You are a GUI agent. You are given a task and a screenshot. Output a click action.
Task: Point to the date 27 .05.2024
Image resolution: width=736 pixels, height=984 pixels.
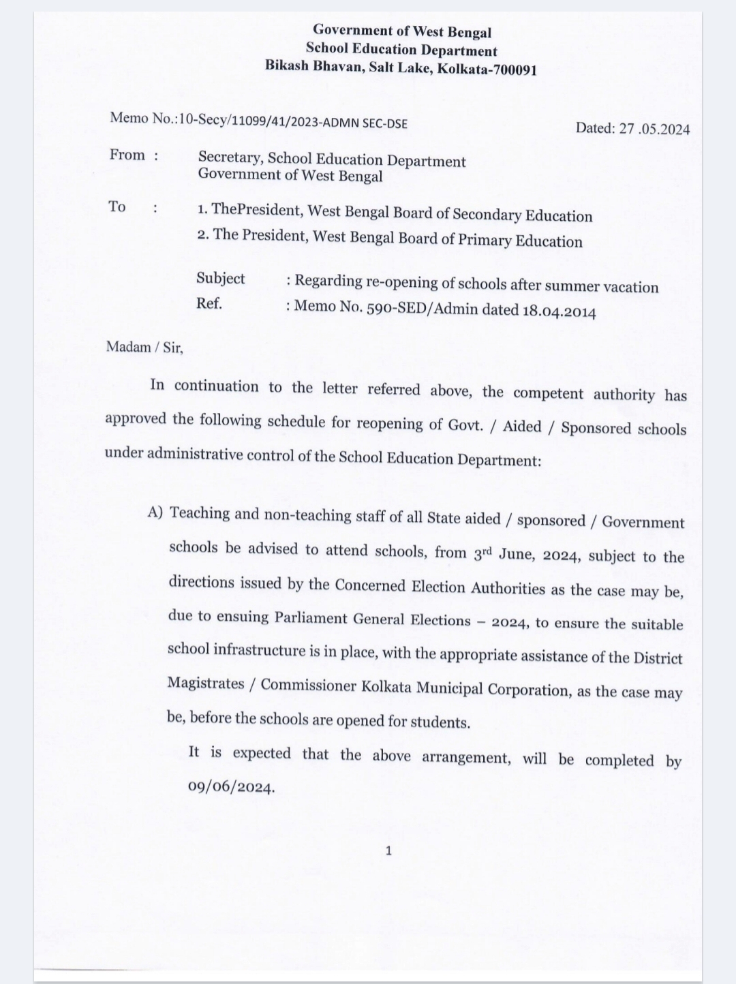point(654,128)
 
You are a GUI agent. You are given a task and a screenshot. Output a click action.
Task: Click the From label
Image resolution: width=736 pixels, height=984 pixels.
point(127,155)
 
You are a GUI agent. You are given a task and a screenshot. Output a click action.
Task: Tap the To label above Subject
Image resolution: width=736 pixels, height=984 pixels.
point(117,206)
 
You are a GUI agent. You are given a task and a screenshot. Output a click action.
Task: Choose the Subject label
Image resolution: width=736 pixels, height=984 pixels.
point(221,279)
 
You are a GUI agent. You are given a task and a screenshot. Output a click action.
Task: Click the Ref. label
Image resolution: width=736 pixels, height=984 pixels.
point(209,303)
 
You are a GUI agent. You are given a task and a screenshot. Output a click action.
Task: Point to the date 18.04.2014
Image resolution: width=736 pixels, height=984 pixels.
point(559,311)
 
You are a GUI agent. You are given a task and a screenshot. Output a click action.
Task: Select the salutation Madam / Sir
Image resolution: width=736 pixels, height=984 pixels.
point(144,347)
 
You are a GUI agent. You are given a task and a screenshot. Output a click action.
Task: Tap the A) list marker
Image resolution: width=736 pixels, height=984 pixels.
point(155,512)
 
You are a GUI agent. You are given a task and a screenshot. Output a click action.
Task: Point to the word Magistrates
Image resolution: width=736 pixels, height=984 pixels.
point(206,683)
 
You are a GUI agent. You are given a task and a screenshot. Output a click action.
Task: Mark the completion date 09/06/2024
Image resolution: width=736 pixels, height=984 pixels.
point(231,787)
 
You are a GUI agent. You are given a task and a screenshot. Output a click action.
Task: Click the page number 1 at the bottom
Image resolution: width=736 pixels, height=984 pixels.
point(388,850)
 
